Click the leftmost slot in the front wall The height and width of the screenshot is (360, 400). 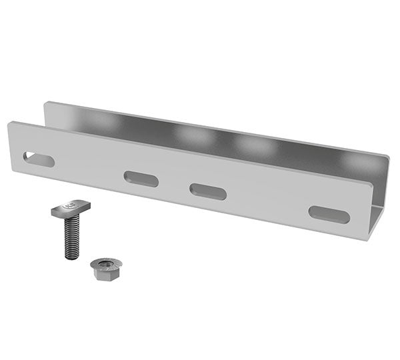pyautogui.click(x=39, y=159)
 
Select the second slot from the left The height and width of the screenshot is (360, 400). pyautogui.click(x=141, y=179)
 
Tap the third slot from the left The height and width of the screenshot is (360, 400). pyautogui.click(x=208, y=191)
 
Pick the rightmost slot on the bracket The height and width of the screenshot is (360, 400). pyautogui.click(x=329, y=215)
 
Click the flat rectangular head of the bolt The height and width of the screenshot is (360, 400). pyautogui.click(x=71, y=209)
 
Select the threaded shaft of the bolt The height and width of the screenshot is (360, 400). pyautogui.click(x=71, y=237)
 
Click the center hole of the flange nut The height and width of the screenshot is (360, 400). pyautogui.click(x=105, y=264)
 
